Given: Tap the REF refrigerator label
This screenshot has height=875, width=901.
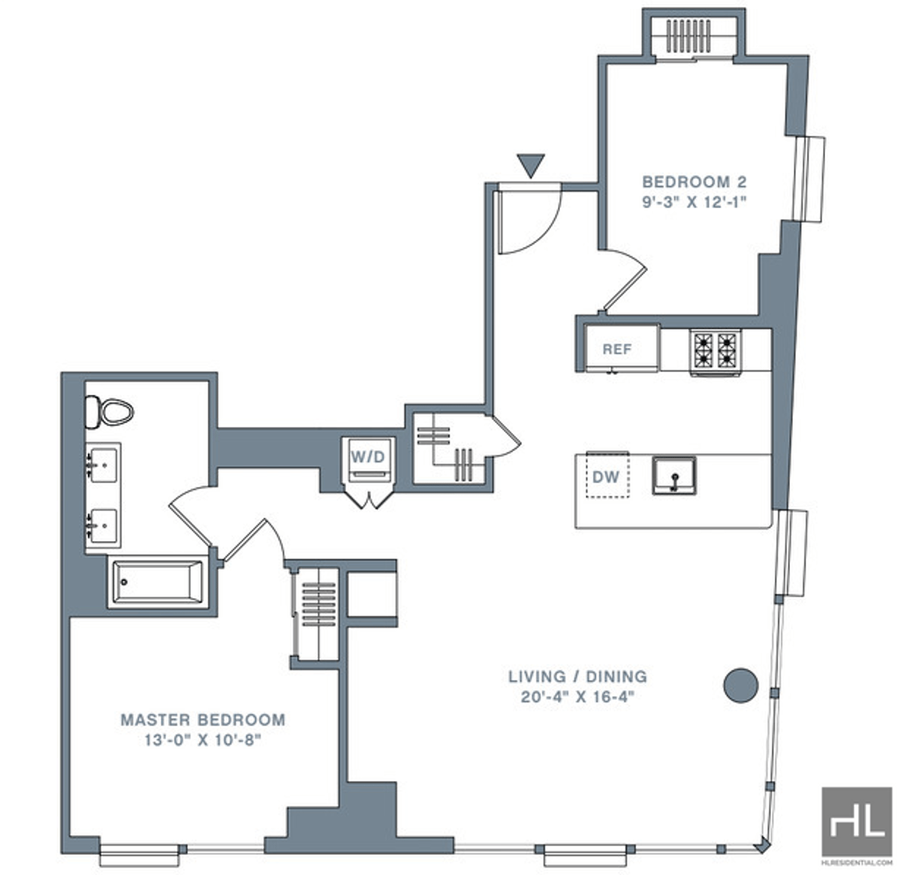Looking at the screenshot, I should tap(616, 349).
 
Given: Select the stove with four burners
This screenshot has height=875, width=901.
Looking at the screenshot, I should tap(715, 351).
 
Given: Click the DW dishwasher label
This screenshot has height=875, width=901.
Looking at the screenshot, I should tap(606, 477).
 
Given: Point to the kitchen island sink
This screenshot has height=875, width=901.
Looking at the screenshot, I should tap(673, 475).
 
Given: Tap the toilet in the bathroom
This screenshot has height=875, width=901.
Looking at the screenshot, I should tap(110, 412).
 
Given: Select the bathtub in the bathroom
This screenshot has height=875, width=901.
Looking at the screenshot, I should tap(158, 582).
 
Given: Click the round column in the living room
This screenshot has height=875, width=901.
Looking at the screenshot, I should tap(740, 684).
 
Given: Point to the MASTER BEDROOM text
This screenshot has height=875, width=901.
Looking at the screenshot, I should tap(203, 720).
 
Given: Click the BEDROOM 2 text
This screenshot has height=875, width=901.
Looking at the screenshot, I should tap(695, 182).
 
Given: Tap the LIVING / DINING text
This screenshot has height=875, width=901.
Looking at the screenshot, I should tap(577, 677).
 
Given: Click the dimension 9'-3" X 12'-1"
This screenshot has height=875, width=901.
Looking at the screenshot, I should tap(695, 202).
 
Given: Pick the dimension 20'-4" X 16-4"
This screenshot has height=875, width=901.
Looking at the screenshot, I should tap(577, 697).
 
